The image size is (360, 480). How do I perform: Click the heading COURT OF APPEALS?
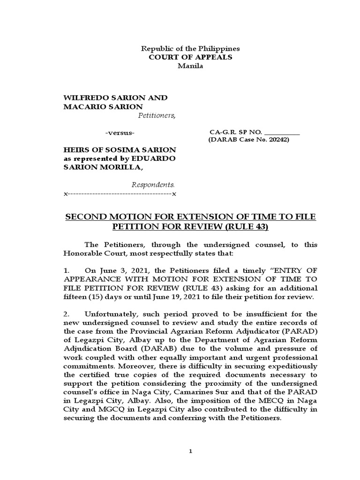(x=190, y=57)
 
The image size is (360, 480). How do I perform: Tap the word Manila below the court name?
(x=190, y=66)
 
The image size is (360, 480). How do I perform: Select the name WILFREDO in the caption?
(x=83, y=97)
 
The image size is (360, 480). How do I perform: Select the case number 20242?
(x=278, y=140)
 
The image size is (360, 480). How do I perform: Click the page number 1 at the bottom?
(x=190, y=451)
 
